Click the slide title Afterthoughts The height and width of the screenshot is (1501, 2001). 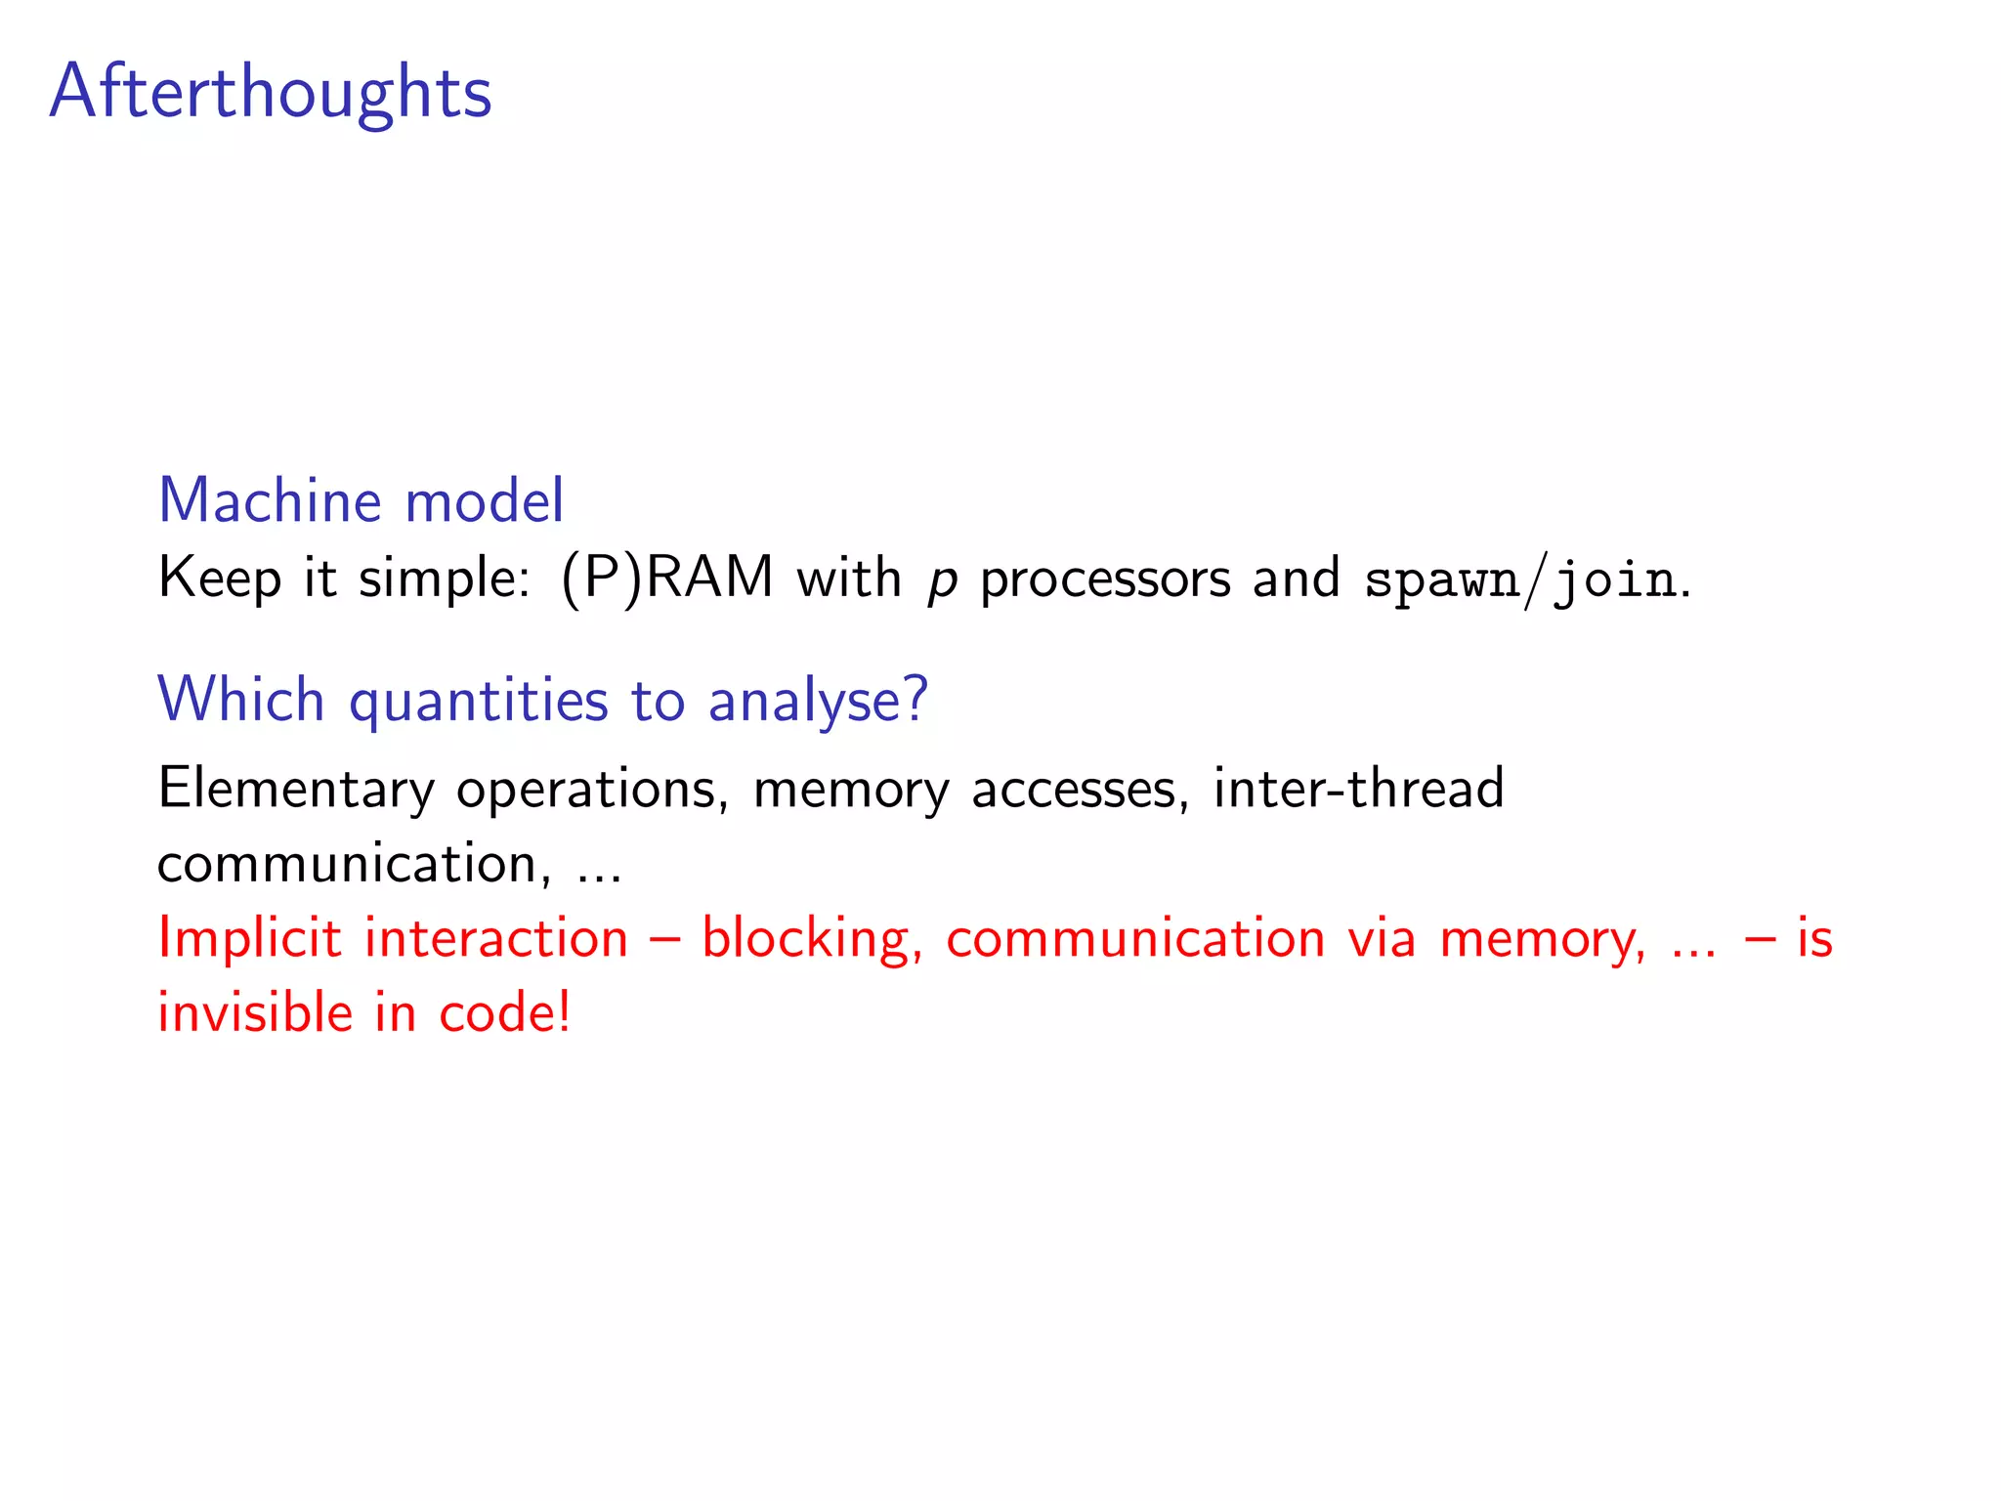pyautogui.click(x=271, y=93)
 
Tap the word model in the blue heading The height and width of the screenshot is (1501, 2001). pyautogui.click(x=484, y=501)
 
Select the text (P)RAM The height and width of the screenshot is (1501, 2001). pyautogui.click(x=667, y=578)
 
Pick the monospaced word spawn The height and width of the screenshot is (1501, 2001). pyautogui.click(x=1442, y=581)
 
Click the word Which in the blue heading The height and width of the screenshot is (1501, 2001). pyautogui.click(x=241, y=700)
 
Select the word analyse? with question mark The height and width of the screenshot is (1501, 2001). pyautogui.click(x=818, y=702)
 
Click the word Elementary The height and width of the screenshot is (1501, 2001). pyautogui.click(x=296, y=790)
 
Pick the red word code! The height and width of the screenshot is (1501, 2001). pyautogui.click(x=504, y=1012)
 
